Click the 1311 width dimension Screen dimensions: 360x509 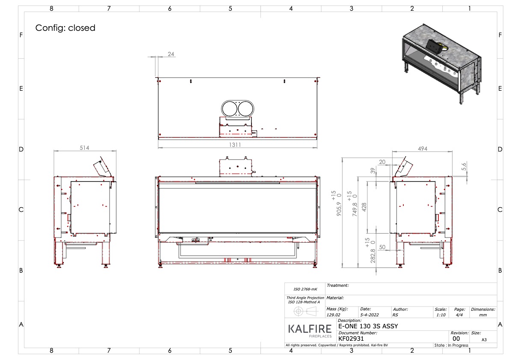235,145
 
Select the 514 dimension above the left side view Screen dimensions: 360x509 85,148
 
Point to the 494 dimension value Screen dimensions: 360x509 422,149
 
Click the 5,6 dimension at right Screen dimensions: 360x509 464,165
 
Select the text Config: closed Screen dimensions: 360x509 65,28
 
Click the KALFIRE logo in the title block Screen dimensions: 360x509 310,330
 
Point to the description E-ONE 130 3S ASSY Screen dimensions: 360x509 368,326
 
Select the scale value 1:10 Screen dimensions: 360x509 440,315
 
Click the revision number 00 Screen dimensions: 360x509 456,338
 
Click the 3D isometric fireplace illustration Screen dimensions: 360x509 443,62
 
